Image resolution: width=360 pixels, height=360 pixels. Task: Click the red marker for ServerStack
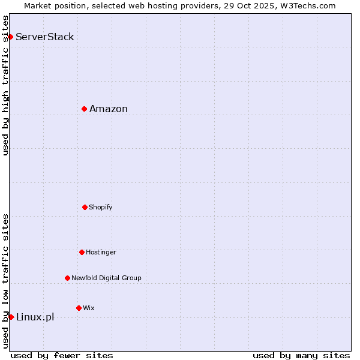(10, 37)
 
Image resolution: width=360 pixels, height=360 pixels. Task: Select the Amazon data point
(85, 109)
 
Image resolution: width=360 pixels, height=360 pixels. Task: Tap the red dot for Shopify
(85, 207)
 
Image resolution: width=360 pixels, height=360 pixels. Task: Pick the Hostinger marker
(82, 252)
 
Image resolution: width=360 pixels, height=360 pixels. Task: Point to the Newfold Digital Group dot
(67, 278)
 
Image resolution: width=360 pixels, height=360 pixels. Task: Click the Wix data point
(79, 308)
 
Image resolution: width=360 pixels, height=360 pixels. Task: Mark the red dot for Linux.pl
(11, 317)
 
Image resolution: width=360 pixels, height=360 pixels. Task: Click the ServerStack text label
(45, 37)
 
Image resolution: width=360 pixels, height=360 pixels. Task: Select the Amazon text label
(109, 109)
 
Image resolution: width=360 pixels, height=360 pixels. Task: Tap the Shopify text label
(101, 208)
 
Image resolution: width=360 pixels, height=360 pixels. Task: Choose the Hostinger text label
(101, 253)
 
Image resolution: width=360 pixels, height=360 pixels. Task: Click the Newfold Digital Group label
(106, 278)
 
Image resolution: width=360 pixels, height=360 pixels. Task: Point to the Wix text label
(89, 308)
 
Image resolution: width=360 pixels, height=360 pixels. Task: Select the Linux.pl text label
(35, 317)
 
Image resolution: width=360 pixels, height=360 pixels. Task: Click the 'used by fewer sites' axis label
(62, 356)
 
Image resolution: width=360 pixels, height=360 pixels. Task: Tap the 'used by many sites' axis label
(301, 356)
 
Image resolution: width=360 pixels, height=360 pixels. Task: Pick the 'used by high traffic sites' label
(6, 85)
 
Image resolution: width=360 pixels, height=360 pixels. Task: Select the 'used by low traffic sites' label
(6, 281)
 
